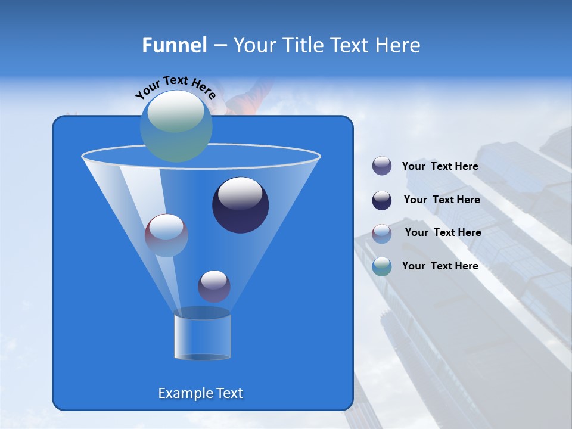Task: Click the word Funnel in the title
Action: click(174, 45)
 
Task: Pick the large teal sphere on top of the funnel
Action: click(176, 126)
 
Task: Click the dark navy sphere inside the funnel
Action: click(240, 205)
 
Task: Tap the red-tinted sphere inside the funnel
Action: click(166, 235)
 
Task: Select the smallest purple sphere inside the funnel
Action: click(214, 286)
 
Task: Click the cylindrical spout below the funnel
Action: click(202, 336)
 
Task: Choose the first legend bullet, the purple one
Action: click(382, 166)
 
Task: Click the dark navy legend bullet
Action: click(382, 200)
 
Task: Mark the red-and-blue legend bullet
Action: click(382, 233)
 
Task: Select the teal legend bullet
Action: click(382, 266)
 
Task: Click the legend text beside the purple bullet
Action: click(440, 167)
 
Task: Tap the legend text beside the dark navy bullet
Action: click(442, 200)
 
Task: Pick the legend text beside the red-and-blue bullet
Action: click(443, 232)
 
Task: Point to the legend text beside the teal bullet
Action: click(440, 266)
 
